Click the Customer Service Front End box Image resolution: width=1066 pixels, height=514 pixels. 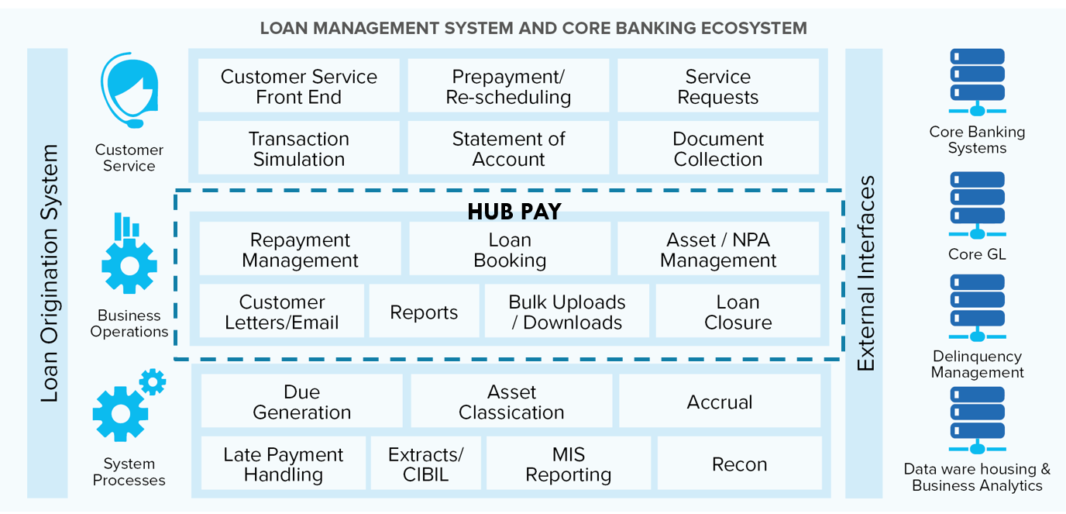click(298, 86)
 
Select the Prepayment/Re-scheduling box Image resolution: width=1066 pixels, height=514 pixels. click(508, 86)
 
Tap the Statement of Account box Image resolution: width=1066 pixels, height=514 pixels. click(508, 147)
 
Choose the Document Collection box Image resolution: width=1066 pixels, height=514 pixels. click(718, 147)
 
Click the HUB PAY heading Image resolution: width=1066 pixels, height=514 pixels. click(514, 212)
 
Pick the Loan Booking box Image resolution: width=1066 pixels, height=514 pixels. click(510, 249)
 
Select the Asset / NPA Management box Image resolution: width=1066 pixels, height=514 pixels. click(718, 249)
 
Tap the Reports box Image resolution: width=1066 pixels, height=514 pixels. click(424, 311)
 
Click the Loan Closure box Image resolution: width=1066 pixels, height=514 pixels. click(738, 311)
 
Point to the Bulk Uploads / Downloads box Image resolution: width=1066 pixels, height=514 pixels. click(567, 311)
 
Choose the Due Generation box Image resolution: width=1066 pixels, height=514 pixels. click(301, 401)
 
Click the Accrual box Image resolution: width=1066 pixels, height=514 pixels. click(720, 401)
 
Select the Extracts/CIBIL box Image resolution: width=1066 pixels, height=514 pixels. click(426, 463)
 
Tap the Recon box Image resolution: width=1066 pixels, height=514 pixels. click(740, 463)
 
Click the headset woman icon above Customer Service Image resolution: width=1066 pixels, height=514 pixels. click(129, 90)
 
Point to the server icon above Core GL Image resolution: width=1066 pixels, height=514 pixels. click(977, 205)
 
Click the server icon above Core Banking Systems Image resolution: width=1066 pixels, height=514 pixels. click(977, 82)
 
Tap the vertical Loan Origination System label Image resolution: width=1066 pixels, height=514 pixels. click(49, 273)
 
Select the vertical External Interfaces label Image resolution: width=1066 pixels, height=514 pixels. click(865, 273)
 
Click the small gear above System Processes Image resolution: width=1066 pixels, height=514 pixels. click(153, 382)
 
